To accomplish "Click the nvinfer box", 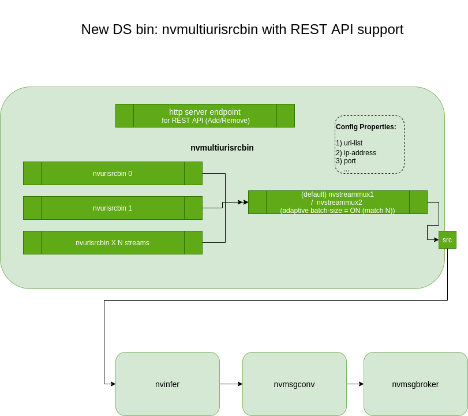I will click(x=167, y=384).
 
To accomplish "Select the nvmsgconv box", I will click(x=294, y=384).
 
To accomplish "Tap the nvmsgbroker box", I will click(x=415, y=384).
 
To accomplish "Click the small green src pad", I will click(x=447, y=240).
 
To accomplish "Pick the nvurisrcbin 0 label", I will click(x=113, y=174).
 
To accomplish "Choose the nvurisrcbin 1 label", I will click(x=113, y=208).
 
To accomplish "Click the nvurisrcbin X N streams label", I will click(x=113, y=243).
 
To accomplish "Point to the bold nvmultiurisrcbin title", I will click(x=222, y=148).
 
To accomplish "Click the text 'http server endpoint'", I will click(x=205, y=112).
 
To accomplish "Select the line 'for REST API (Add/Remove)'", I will click(x=205, y=121).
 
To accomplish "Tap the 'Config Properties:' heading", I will click(x=366, y=127).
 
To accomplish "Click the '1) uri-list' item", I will click(x=349, y=143).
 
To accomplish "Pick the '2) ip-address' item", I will click(x=356, y=153).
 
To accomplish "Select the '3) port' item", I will click(x=346, y=161).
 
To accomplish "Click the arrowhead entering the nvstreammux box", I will click(x=245, y=202).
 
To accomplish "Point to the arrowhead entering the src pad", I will click(x=436, y=239).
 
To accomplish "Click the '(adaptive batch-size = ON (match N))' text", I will click(x=338, y=211).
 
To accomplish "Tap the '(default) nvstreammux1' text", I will click(x=338, y=194).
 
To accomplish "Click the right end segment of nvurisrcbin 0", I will click(x=193, y=174).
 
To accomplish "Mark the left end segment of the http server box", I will click(x=125, y=116).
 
